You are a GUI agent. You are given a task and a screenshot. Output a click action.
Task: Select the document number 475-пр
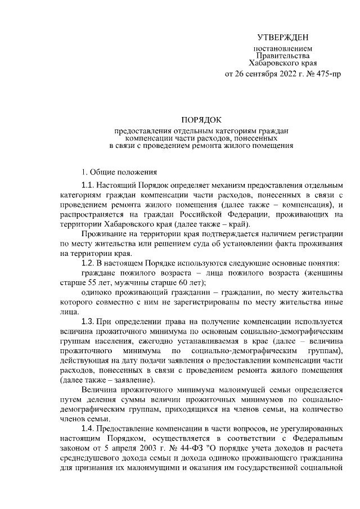[x=328, y=74]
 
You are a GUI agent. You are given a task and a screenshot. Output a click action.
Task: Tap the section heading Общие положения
[x=123, y=171]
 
